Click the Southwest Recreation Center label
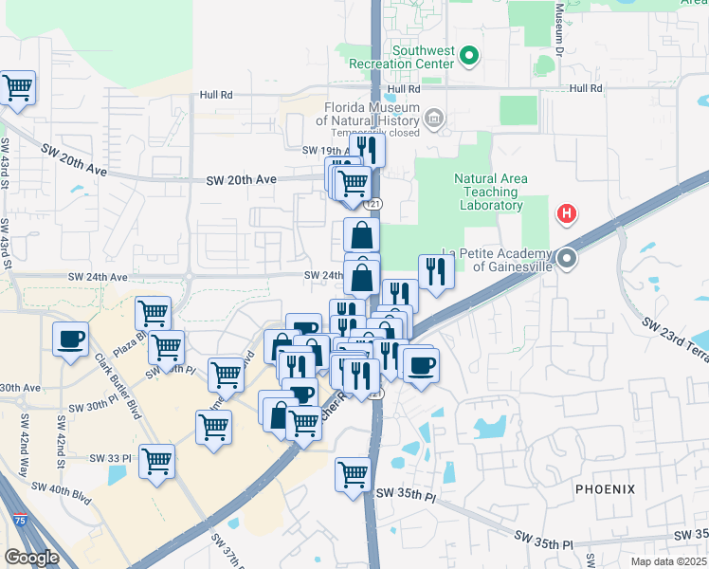[x=419, y=57]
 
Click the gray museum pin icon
[x=434, y=119]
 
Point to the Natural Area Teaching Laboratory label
[x=488, y=192]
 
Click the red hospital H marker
[x=567, y=214]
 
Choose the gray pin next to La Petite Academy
[x=567, y=258]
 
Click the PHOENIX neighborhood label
[x=604, y=489]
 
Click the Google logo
[x=31, y=558]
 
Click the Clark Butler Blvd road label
[x=117, y=387]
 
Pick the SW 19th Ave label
[x=326, y=151]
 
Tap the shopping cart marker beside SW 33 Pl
[x=156, y=462]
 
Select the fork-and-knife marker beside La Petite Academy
[x=435, y=270]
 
